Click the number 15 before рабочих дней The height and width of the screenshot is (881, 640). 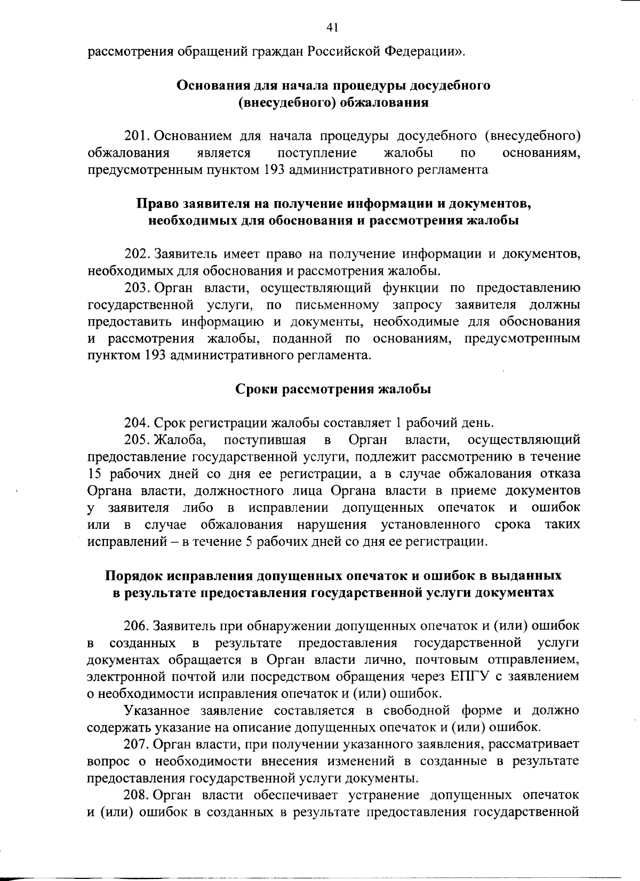click(x=94, y=474)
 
